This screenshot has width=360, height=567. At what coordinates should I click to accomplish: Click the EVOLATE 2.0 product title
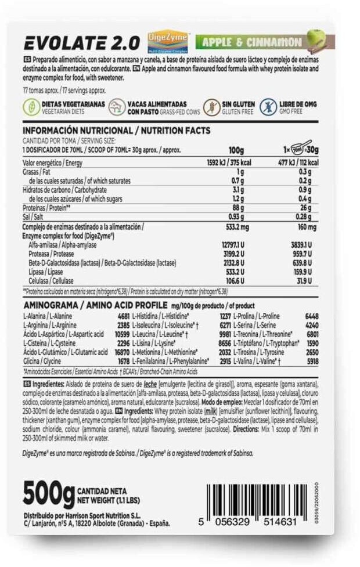click(x=81, y=42)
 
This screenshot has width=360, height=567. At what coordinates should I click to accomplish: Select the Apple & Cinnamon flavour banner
click(x=250, y=42)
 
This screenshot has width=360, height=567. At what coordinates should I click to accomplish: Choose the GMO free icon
click(x=268, y=107)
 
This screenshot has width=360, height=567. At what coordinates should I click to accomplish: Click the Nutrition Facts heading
click(x=116, y=131)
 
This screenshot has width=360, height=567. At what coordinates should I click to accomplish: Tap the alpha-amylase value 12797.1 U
click(x=231, y=245)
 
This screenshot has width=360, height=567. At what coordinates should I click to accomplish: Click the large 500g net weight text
click(x=48, y=493)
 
